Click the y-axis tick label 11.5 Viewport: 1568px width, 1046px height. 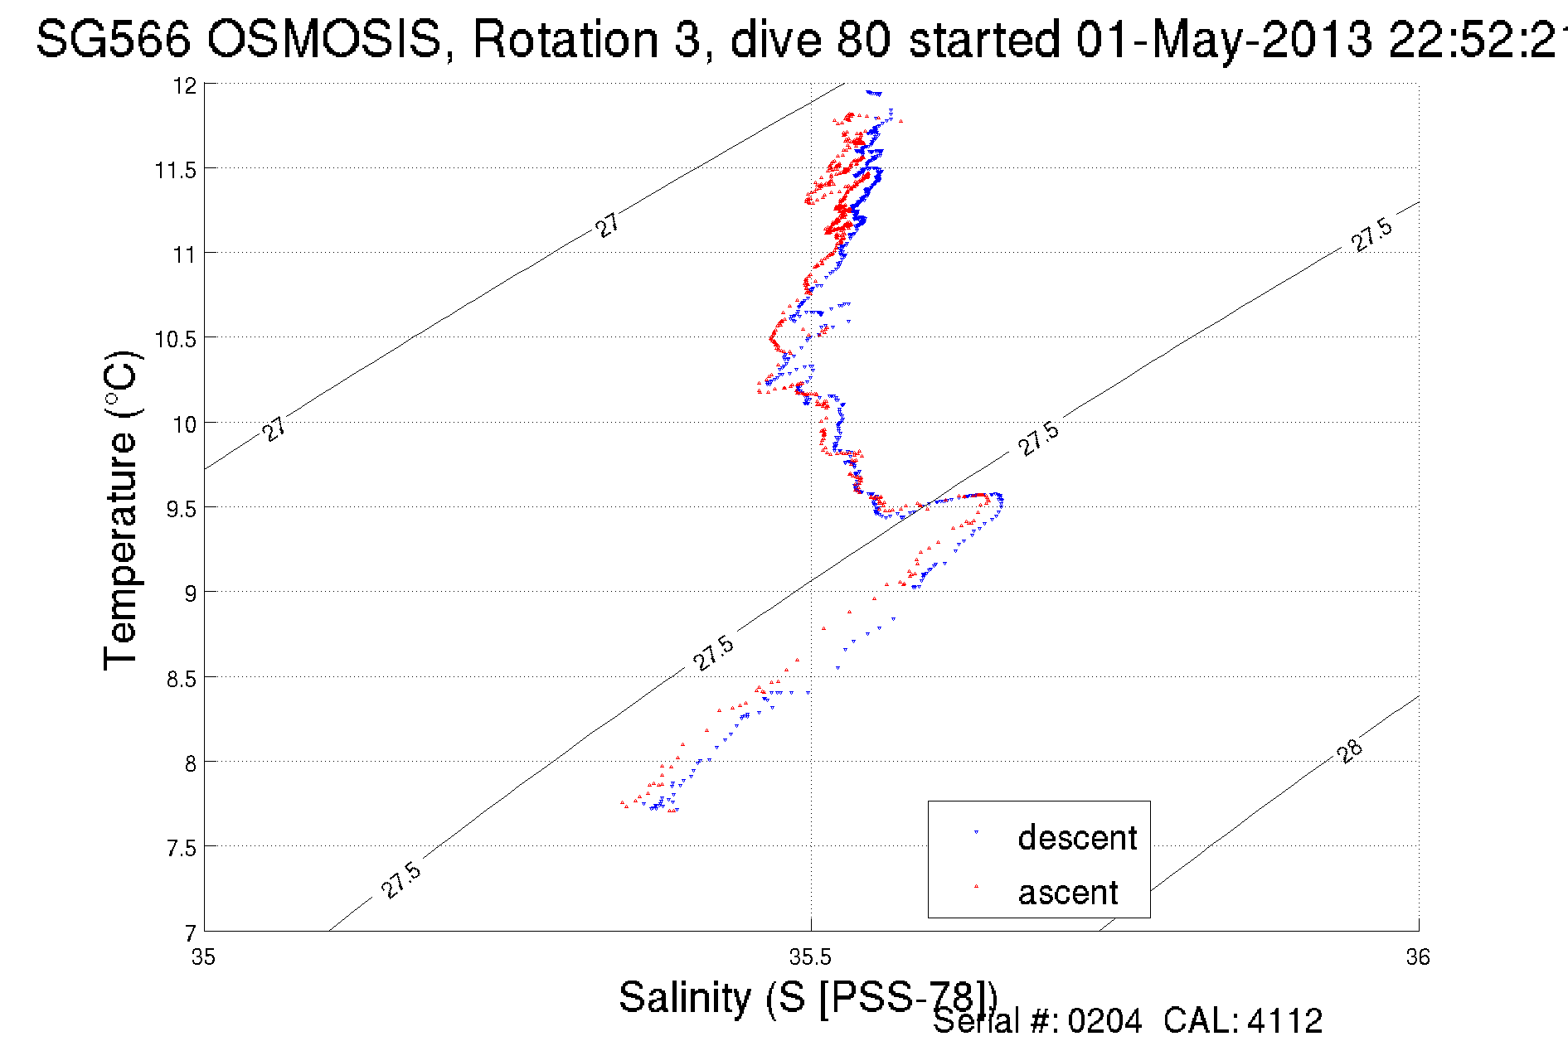[x=175, y=170]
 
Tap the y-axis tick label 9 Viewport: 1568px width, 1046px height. [x=191, y=593]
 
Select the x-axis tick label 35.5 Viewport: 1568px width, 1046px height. [x=810, y=958]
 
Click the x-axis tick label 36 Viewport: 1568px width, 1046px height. [x=1418, y=958]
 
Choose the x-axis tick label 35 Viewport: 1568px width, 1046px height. [x=203, y=958]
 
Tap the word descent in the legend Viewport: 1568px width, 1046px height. [x=1077, y=838]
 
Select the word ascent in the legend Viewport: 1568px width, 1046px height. [x=1068, y=893]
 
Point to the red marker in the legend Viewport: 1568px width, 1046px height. [x=976, y=887]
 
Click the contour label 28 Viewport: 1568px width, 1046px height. [x=1349, y=751]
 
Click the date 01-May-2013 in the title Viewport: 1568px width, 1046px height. [x=1224, y=39]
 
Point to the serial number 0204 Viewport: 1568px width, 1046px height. [x=1104, y=1021]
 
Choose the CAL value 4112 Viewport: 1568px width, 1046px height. [x=1284, y=1021]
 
